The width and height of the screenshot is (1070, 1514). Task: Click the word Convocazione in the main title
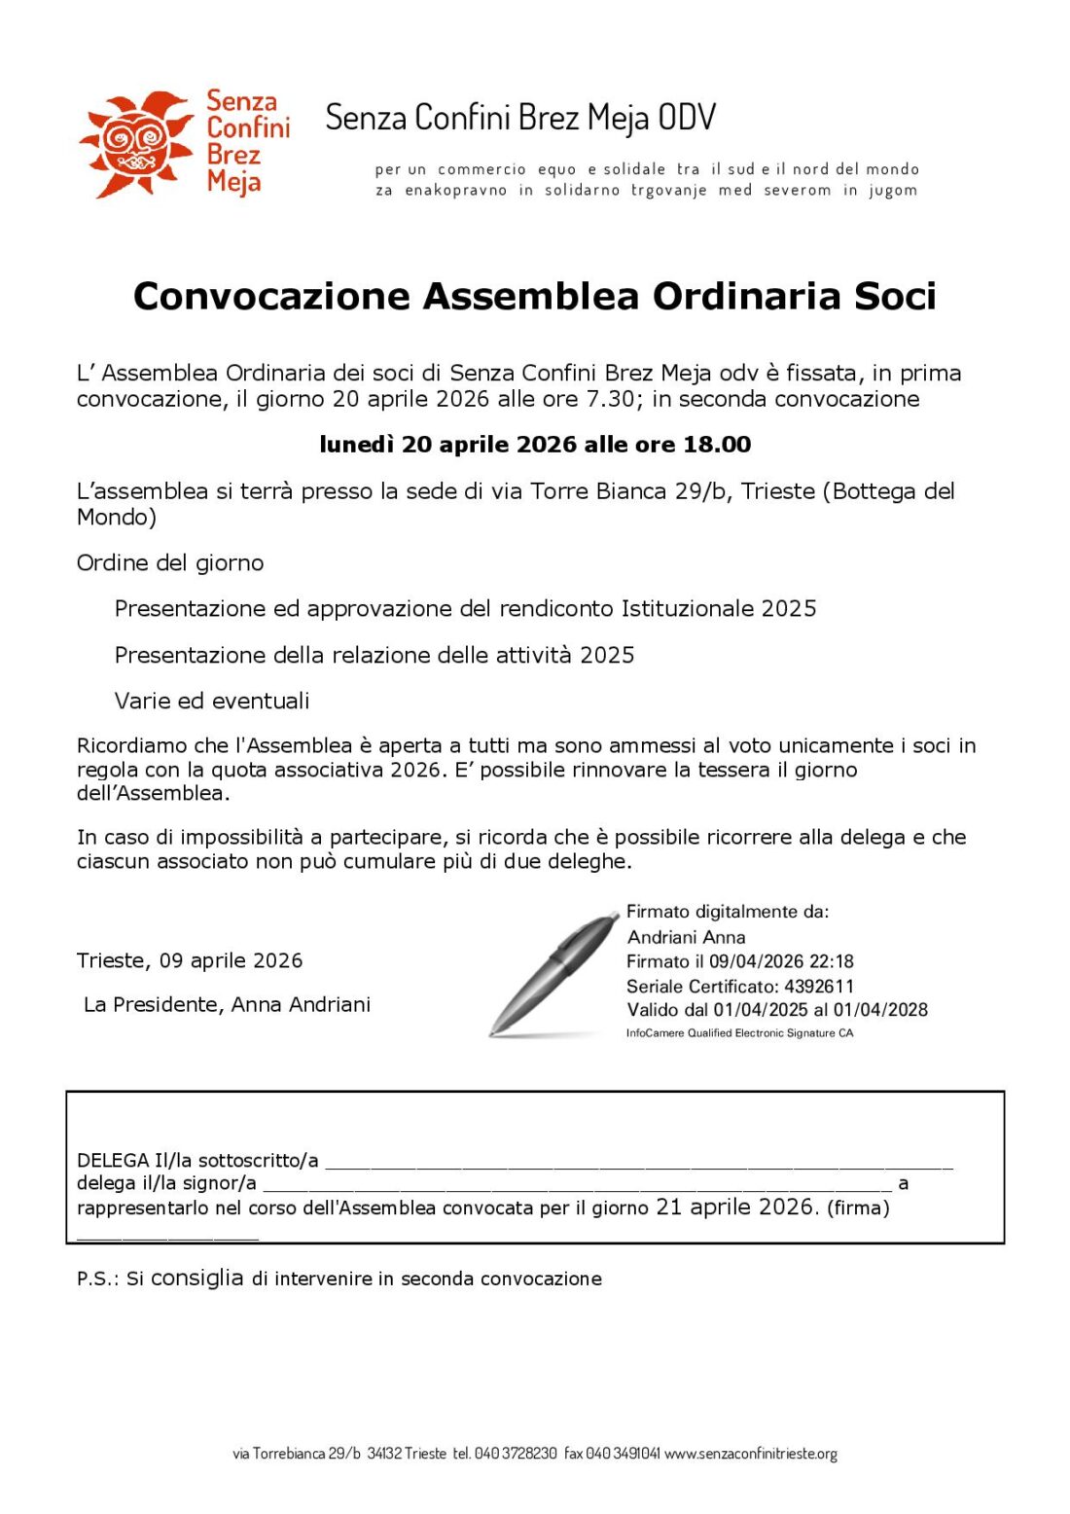(x=271, y=296)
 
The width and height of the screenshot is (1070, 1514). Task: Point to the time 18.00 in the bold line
(x=717, y=445)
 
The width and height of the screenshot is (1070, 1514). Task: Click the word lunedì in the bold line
(x=356, y=445)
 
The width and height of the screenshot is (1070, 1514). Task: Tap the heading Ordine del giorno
(x=170, y=563)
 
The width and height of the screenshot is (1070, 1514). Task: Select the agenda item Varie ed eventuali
(x=212, y=701)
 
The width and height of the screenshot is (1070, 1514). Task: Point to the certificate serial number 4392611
(x=819, y=986)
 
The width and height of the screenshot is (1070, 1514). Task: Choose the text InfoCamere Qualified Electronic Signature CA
(x=739, y=1033)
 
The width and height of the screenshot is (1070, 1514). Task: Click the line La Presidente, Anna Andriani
(x=228, y=1005)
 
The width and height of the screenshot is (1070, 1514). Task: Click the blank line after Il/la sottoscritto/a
(x=638, y=1162)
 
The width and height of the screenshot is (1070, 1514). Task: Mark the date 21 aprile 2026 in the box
(x=735, y=1208)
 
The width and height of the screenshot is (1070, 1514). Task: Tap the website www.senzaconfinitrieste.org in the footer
(x=751, y=1454)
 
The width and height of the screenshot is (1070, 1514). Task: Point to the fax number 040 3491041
(x=623, y=1454)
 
